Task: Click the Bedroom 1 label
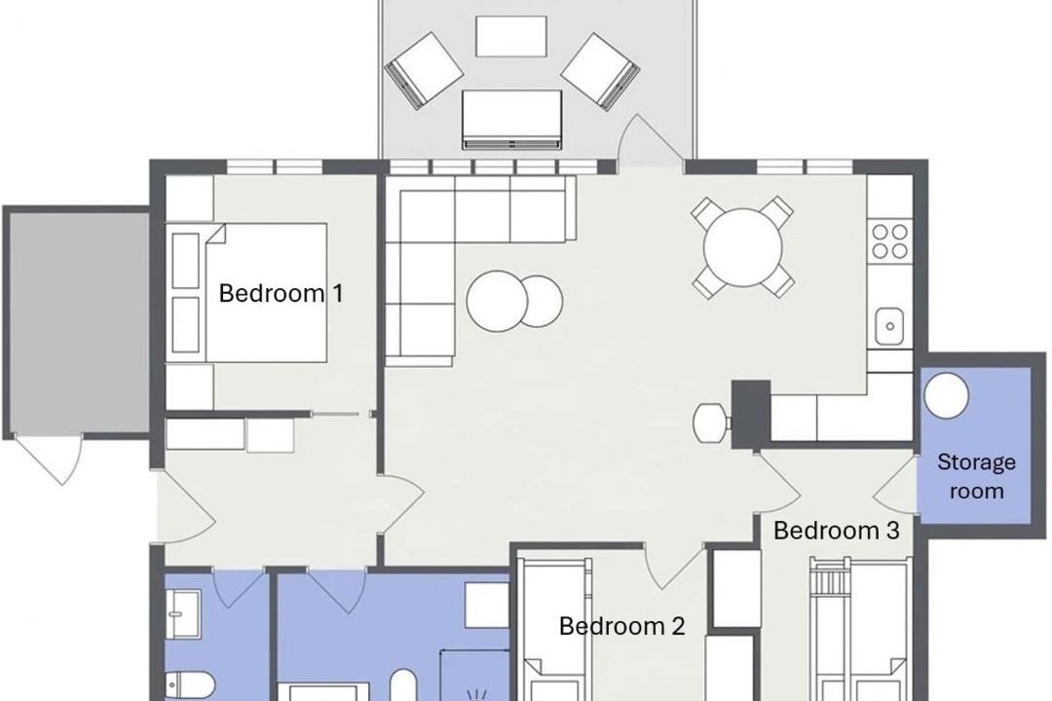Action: (x=281, y=293)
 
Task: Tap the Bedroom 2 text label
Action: (x=621, y=626)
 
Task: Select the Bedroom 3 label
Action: (x=836, y=530)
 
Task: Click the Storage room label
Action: (x=976, y=476)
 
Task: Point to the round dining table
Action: (x=742, y=247)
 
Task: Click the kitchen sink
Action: (x=889, y=326)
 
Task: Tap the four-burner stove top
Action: (x=889, y=241)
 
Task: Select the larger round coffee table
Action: (x=497, y=300)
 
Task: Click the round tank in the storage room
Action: (x=946, y=395)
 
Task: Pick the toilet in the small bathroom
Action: (x=190, y=685)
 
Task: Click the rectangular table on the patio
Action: (x=511, y=36)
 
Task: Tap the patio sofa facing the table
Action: (x=511, y=120)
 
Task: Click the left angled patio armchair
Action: (x=424, y=70)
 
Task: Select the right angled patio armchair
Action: (x=600, y=71)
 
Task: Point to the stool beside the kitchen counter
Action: (x=712, y=423)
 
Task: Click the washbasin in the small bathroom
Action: (x=183, y=613)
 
